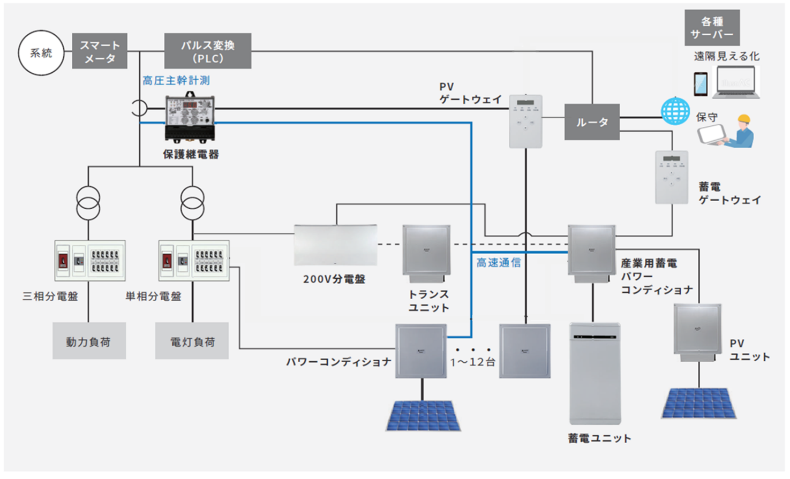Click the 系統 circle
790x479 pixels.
pos(41,53)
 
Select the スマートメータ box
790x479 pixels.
pos(100,51)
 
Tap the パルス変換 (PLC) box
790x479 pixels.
pos(208,51)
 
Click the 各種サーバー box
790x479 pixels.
pos(712,28)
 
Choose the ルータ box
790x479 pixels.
pos(592,122)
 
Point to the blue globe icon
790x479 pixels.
pos(675,111)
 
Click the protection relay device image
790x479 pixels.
pos(190,118)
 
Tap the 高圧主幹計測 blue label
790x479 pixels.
pos(176,81)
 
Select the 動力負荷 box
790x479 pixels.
pos(89,341)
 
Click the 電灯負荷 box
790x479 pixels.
pos(192,341)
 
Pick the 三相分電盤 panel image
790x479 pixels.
pos(90,261)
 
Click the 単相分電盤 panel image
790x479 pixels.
pos(194,261)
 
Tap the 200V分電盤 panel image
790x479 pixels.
pos(336,245)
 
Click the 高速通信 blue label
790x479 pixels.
pos(499,263)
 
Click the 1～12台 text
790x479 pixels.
pos(473,362)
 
